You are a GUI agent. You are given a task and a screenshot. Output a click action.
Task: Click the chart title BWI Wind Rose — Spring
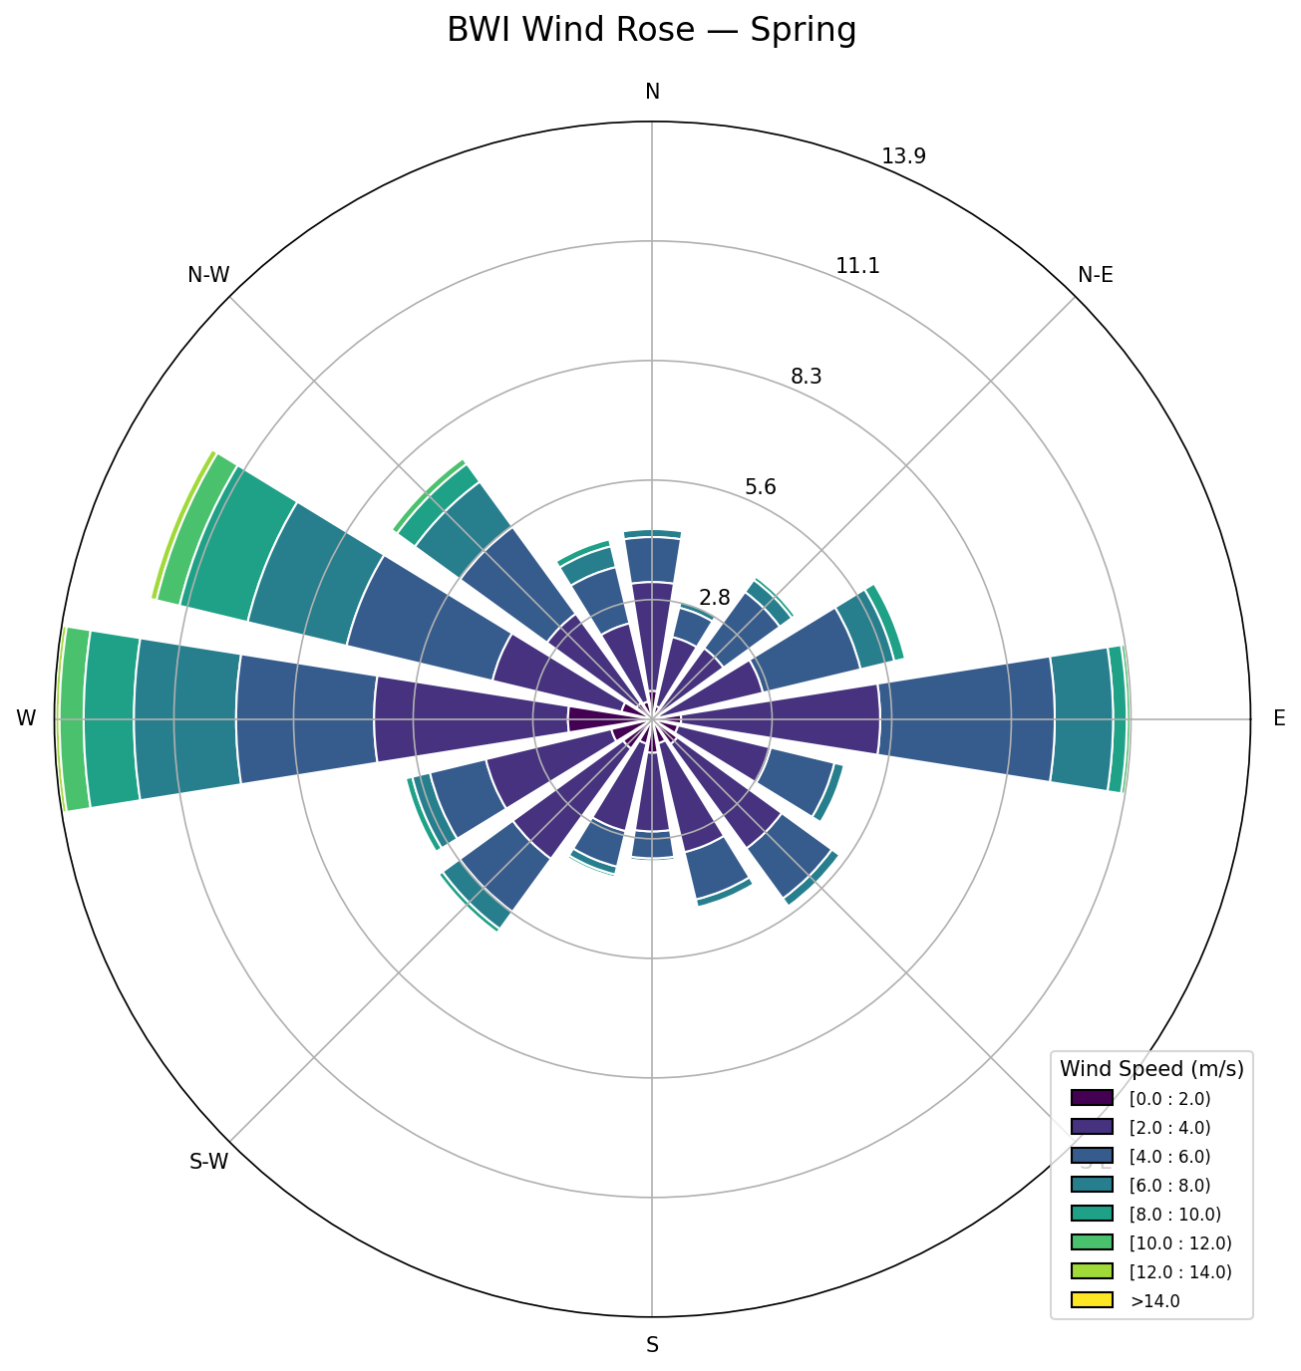click(651, 31)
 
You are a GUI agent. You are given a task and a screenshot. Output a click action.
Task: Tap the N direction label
click(652, 92)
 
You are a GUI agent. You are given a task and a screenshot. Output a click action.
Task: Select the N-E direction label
click(1096, 275)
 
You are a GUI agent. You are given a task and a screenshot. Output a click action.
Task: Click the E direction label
click(1279, 718)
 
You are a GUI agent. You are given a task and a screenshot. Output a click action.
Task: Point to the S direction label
click(652, 1345)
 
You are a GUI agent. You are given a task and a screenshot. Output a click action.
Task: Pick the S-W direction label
click(208, 1162)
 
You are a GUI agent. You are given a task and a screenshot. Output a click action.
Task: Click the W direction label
click(26, 718)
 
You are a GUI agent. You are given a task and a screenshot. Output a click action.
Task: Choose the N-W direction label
click(208, 275)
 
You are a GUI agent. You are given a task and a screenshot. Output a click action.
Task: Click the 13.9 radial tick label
click(903, 155)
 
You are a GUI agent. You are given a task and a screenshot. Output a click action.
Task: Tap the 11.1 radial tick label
click(857, 266)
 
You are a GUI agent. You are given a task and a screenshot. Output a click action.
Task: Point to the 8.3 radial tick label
click(813, 377)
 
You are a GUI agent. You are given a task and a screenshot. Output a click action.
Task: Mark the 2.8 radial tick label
click(715, 598)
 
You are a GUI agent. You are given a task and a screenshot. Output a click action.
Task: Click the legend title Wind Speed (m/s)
click(1151, 1069)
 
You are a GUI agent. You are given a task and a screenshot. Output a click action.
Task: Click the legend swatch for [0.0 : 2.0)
click(1091, 1098)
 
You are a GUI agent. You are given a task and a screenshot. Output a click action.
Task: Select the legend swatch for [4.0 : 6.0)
click(1091, 1156)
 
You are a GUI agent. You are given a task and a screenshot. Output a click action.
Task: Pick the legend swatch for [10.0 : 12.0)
click(1091, 1242)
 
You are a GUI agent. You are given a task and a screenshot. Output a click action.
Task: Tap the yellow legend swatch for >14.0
click(1091, 1300)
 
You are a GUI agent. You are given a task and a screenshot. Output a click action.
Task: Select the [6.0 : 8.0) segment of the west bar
click(186, 718)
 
